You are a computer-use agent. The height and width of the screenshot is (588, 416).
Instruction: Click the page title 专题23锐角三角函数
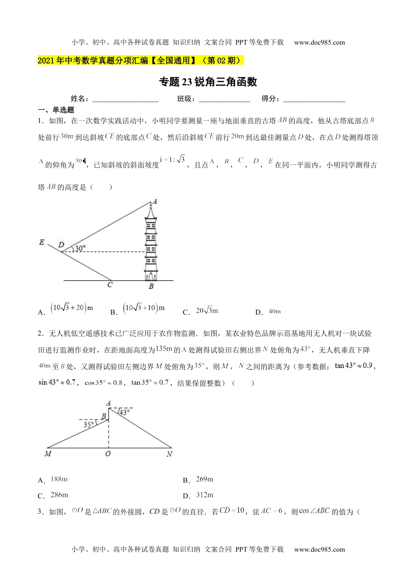coord(208,82)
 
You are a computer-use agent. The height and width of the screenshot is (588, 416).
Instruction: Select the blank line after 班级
coord(224,99)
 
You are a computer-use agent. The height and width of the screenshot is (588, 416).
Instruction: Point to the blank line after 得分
coord(314,99)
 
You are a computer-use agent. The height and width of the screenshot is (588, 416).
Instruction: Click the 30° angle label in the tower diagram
coord(80,248)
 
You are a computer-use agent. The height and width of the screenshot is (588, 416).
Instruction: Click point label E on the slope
coord(42,242)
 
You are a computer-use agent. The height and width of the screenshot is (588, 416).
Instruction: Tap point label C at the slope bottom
coord(110,285)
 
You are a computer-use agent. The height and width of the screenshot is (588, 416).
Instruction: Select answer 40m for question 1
coord(274,311)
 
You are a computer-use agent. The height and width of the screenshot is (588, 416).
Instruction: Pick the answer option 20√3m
coord(207,311)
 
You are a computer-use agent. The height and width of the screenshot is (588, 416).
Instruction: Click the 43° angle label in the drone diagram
coord(124,412)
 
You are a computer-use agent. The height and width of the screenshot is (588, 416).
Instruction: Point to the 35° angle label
coord(89,424)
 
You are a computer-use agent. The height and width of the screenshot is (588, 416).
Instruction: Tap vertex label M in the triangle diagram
coord(48,454)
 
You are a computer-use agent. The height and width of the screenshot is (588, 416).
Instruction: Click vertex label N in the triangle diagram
coord(169,454)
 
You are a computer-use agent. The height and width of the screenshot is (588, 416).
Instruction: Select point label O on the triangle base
coord(108,454)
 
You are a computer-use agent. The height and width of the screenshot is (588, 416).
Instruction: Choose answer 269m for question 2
coord(204,479)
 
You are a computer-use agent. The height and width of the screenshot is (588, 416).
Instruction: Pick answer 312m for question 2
coord(204,495)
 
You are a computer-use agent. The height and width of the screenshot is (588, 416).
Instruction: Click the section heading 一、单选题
coord(56,110)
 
